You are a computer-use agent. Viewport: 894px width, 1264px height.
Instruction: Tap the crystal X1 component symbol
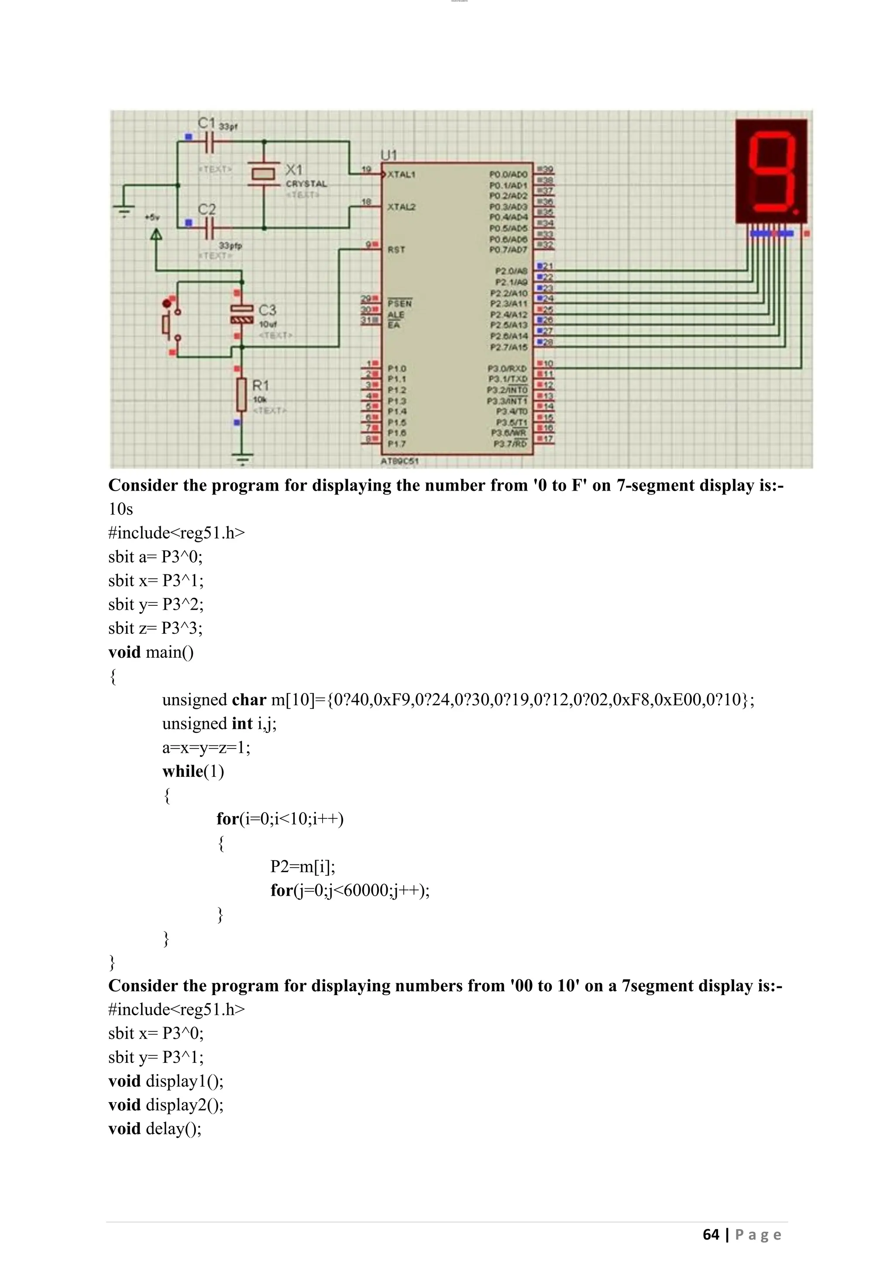pyautogui.click(x=264, y=174)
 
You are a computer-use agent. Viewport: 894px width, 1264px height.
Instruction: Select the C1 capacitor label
pyautogui.click(x=207, y=123)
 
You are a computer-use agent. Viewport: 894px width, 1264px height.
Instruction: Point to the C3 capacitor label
pyautogui.click(x=268, y=310)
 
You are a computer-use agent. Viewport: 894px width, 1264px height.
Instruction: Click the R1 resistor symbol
pyautogui.click(x=241, y=394)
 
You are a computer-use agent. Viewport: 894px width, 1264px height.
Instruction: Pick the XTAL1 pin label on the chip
pyautogui.click(x=401, y=175)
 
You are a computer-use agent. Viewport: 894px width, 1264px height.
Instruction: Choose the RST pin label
pyautogui.click(x=396, y=249)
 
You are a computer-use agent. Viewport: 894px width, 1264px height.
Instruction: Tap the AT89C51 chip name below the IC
pyautogui.click(x=400, y=461)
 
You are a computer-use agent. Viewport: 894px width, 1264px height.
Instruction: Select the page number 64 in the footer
pyautogui.click(x=711, y=1235)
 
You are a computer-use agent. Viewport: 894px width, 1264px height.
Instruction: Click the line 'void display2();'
pyautogui.click(x=166, y=1105)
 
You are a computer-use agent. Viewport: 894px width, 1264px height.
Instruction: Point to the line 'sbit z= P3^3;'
pyautogui.click(x=156, y=628)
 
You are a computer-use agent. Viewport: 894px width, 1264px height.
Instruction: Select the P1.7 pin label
pyautogui.click(x=396, y=444)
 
